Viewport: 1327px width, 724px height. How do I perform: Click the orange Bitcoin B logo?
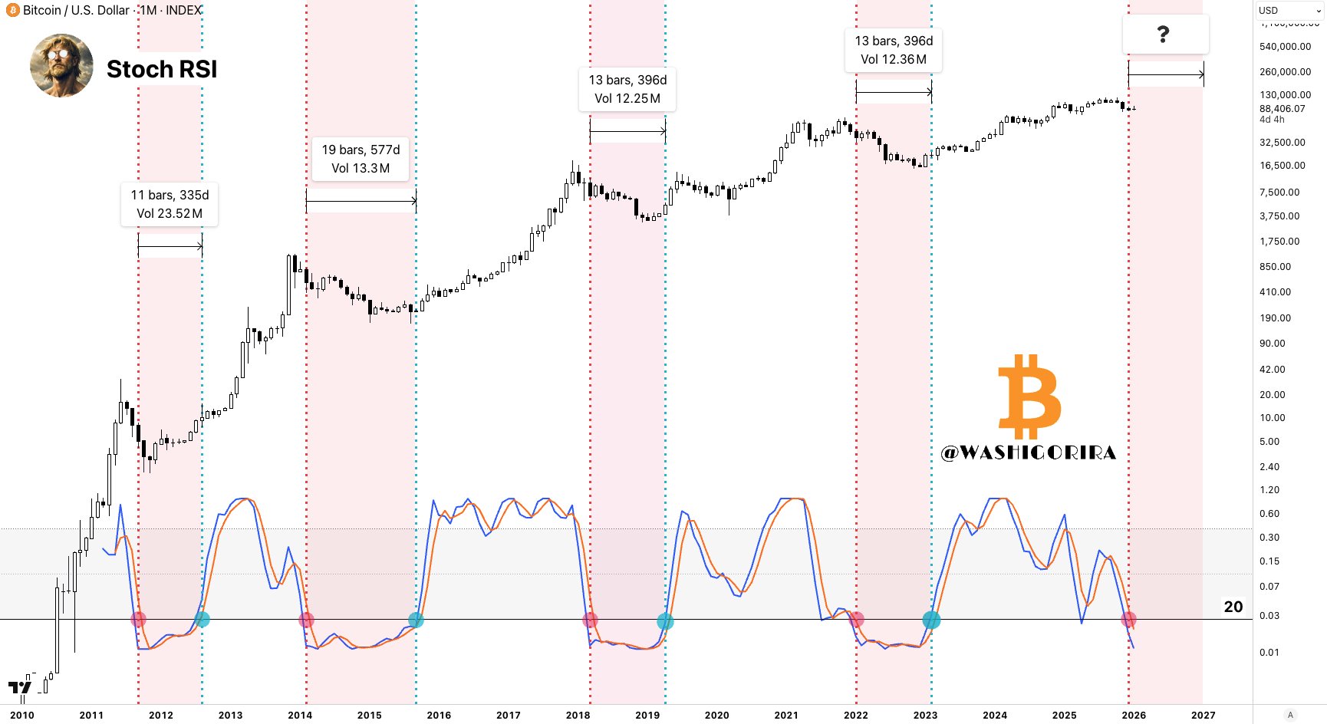(x=1029, y=396)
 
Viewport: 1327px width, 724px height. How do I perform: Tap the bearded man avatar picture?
(x=61, y=65)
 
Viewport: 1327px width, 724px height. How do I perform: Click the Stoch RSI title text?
(x=162, y=69)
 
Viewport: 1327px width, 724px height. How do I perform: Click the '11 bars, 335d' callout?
(x=170, y=204)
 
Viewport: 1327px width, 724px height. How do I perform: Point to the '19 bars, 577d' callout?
(x=361, y=159)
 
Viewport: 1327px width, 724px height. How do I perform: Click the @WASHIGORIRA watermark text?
(x=1029, y=453)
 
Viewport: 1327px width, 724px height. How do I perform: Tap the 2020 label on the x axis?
(x=716, y=715)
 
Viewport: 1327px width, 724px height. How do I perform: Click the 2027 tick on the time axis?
(x=1203, y=715)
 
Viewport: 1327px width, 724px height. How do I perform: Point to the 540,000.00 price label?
(x=1285, y=47)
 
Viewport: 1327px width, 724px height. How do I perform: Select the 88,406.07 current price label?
(x=1282, y=109)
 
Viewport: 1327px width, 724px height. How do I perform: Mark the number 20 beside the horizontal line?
(x=1233, y=607)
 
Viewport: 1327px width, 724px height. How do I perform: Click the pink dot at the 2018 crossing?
(x=590, y=620)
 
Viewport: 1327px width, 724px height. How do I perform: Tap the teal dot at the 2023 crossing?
(x=930, y=620)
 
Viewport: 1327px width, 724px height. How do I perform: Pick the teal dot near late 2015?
(x=416, y=620)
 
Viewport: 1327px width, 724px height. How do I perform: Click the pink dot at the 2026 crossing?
(x=1128, y=619)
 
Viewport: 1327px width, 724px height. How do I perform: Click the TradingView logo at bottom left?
(x=19, y=688)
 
